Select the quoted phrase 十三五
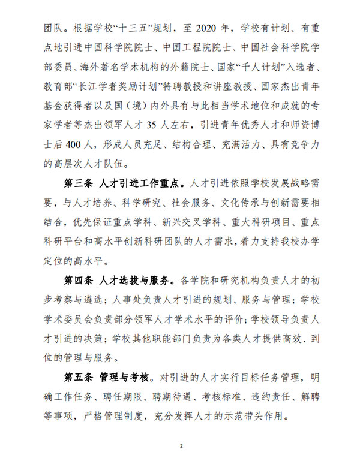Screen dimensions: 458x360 pos(130,28)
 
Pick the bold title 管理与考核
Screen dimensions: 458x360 pos(125,378)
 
